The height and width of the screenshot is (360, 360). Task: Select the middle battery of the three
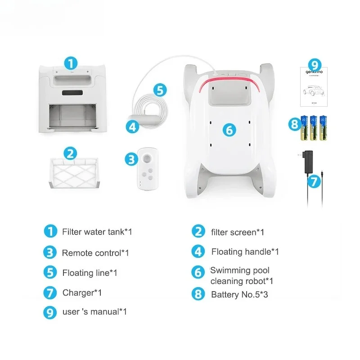click(x=314, y=128)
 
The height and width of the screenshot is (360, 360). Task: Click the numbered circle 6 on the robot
click(x=229, y=130)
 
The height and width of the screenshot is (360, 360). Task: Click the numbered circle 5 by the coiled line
click(x=159, y=89)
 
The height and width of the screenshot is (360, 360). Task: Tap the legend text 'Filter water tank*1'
click(x=97, y=232)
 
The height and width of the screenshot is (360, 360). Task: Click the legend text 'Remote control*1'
click(x=95, y=253)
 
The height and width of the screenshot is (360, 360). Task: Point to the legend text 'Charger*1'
click(x=82, y=293)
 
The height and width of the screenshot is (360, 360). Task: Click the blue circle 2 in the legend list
click(x=198, y=232)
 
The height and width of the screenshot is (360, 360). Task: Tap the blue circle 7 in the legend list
click(x=50, y=292)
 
